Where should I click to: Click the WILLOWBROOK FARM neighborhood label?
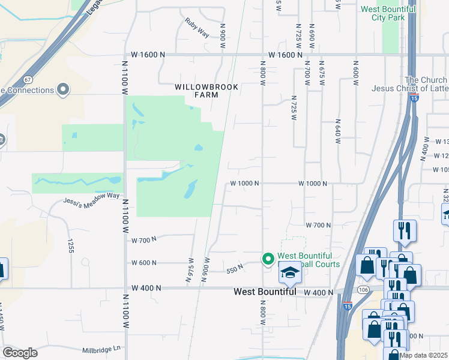coord(206,91)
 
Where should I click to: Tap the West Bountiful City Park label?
coord(388,13)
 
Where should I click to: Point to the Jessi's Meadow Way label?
coord(92,197)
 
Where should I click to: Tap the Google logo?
coord(20,353)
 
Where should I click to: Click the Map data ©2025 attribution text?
coord(423,355)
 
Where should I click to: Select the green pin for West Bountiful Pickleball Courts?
coord(268,259)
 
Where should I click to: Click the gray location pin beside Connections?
coord(63,90)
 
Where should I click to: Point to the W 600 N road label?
coord(144,263)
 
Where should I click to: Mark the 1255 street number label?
coord(70,246)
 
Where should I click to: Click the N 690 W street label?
coord(312,35)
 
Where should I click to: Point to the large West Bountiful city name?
coord(265,292)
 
